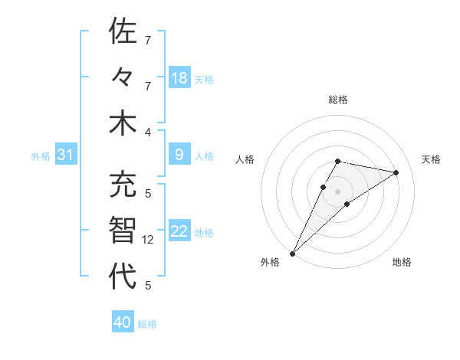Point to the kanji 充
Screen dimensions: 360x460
coord(123,185)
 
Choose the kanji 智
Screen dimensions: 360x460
coord(123,231)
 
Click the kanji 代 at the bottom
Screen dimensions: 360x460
coord(123,277)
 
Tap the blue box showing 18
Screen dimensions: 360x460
coord(179,78)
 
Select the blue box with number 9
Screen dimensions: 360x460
coord(179,155)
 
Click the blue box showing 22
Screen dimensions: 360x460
coord(179,231)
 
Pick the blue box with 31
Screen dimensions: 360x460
coord(66,155)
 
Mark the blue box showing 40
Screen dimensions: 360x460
coord(123,322)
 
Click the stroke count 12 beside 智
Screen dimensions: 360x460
coord(149,240)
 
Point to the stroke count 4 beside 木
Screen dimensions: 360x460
coord(148,133)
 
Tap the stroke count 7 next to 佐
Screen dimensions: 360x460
coord(148,41)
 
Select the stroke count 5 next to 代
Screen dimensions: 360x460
coord(148,286)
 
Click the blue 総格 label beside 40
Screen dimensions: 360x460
coord(147,324)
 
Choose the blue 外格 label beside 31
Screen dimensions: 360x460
coord(41,156)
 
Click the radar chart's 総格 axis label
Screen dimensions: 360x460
coord(338,100)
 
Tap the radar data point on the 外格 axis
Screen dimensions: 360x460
coord(293,253)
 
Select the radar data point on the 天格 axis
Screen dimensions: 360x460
coord(396,172)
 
